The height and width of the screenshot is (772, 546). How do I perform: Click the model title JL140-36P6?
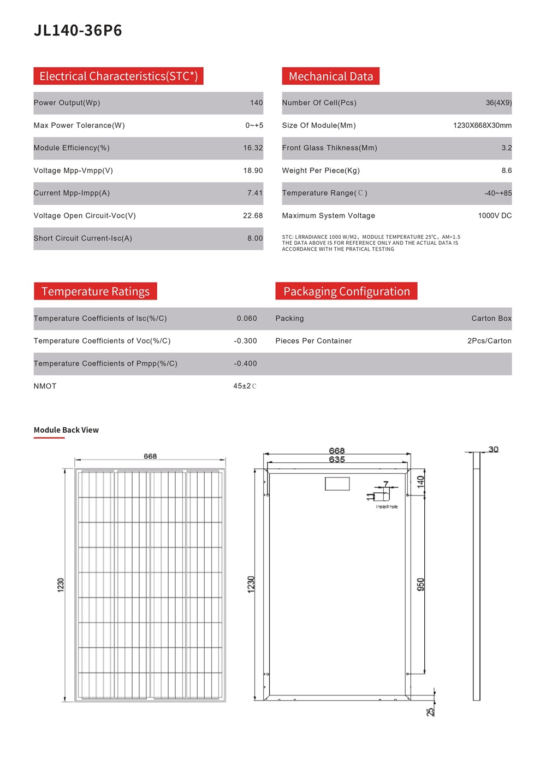(78, 30)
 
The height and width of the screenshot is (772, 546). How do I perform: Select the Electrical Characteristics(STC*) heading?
(118, 76)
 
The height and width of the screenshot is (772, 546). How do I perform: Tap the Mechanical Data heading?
(330, 76)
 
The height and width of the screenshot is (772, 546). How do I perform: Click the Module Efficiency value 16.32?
(253, 148)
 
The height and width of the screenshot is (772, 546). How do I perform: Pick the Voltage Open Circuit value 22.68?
(253, 216)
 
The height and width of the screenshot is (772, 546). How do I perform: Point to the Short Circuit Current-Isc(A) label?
(82, 238)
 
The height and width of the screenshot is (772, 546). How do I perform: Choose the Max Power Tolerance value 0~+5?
(254, 125)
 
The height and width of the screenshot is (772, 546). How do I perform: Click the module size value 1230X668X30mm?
(482, 125)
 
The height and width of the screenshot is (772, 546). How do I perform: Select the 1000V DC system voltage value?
(495, 216)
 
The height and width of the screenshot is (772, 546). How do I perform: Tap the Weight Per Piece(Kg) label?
(321, 170)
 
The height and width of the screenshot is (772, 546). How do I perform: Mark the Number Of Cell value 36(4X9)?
(498, 103)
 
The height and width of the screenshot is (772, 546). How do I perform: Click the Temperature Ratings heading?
(96, 291)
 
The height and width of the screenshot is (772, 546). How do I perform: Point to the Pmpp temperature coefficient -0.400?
(245, 363)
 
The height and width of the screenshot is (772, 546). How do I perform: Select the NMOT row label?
(45, 386)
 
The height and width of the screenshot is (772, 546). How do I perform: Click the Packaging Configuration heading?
(346, 291)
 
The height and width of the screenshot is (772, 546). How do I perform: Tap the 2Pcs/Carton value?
(489, 341)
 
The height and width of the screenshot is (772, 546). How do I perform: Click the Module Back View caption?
(66, 430)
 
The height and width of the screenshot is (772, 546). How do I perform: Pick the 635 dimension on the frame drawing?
(337, 459)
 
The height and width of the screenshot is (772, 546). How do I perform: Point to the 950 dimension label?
(420, 584)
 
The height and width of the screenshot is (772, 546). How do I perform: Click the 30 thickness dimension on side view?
(493, 449)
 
